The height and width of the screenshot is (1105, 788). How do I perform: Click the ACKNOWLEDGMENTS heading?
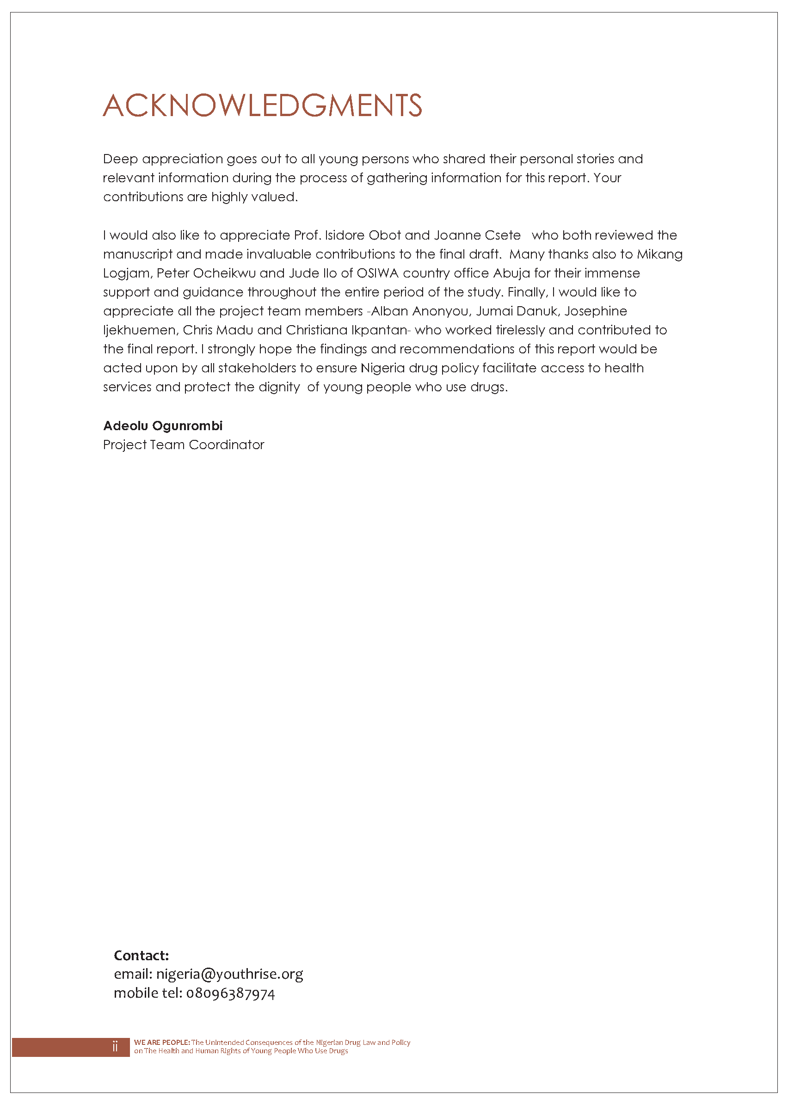(262, 106)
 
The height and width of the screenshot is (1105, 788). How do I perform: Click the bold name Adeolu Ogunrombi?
(163, 426)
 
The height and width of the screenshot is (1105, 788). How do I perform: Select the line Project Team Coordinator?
(184, 444)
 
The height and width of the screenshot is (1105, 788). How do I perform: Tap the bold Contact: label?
(141, 956)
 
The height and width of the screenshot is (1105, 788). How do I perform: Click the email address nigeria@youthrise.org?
(229, 974)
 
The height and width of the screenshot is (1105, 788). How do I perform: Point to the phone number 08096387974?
(230, 994)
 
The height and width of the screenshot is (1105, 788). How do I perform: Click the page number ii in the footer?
(115, 1046)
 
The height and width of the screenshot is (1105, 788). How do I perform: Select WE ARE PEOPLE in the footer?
(161, 1043)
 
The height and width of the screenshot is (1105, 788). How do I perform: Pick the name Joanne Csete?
(477, 235)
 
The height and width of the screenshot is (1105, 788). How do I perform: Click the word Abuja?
(511, 273)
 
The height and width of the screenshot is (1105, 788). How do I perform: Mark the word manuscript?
(138, 254)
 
